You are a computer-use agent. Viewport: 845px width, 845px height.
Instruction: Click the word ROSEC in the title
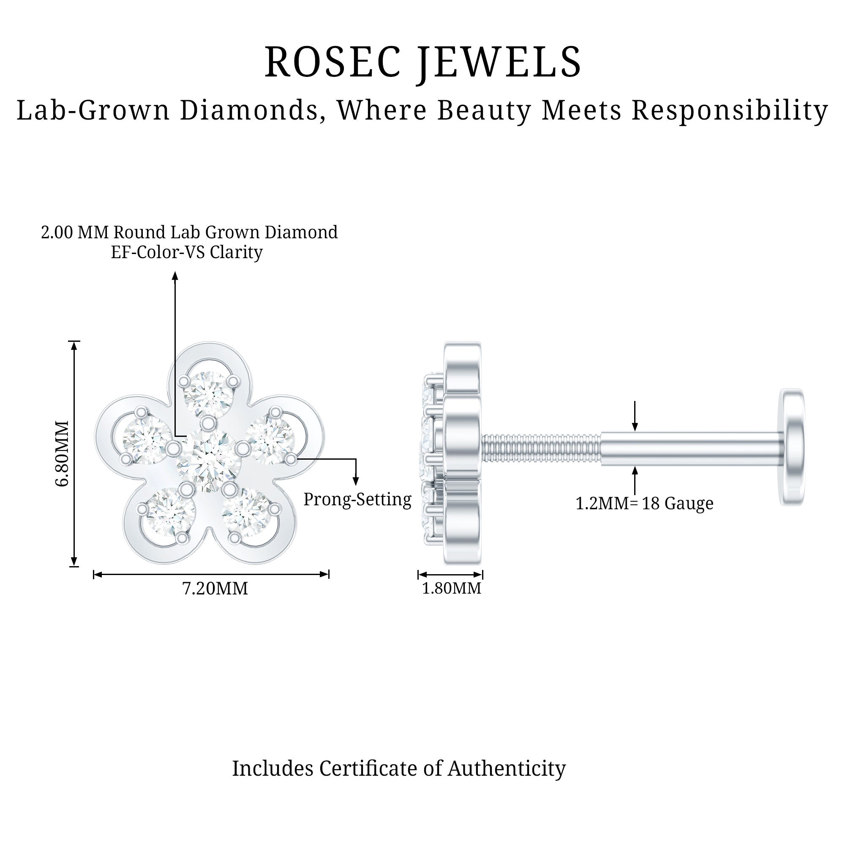[x=333, y=62]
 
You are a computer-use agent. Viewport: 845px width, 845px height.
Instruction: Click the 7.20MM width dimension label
[x=215, y=588]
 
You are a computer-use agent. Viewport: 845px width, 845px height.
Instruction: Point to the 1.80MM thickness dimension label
[x=451, y=588]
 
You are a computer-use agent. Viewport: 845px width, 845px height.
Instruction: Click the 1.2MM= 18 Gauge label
[x=644, y=504]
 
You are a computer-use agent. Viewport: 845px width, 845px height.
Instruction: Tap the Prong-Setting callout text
[x=357, y=499]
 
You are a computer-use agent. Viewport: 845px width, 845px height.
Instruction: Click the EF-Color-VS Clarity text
[x=187, y=252]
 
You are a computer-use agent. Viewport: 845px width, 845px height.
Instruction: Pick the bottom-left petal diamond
[x=171, y=511]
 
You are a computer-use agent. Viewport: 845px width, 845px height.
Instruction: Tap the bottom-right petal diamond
[x=246, y=512]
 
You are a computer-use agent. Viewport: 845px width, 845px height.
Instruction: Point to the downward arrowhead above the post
[x=635, y=427]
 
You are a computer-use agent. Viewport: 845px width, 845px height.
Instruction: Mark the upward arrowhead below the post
[x=635, y=471]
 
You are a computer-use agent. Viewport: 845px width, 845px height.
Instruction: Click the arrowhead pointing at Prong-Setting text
[x=356, y=482]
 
